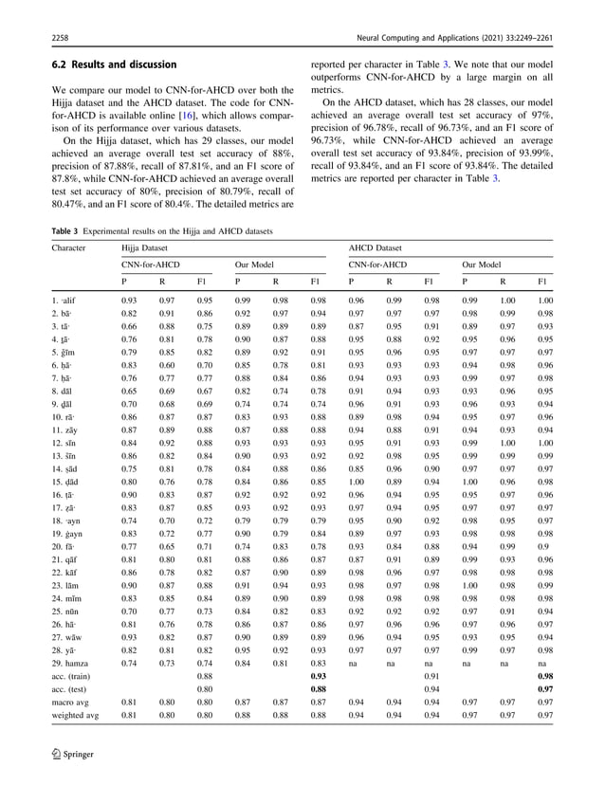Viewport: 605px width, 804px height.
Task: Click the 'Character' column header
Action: pos(69,249)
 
